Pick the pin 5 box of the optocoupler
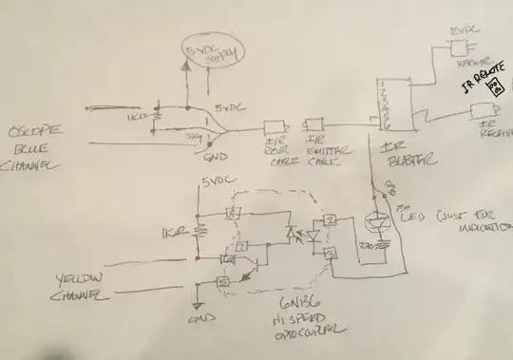(x=223, y=282)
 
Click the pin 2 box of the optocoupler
(x=327, y=222)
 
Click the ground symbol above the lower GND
(x=197, y=306)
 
